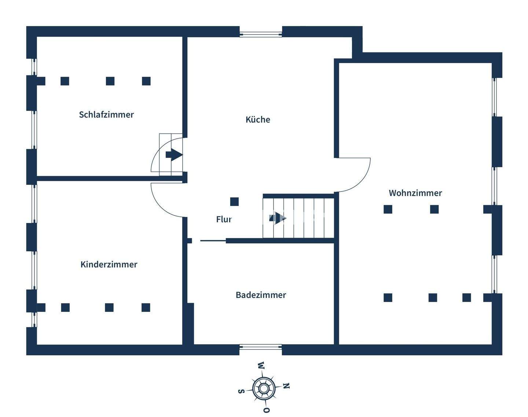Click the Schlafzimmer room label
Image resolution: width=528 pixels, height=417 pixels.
106,115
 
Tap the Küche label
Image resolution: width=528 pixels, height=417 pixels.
258,119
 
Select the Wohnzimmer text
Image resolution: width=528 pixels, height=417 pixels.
415,193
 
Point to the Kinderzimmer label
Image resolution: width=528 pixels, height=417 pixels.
109,265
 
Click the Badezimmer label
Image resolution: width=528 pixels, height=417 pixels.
261,295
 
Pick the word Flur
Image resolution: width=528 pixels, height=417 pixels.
224,219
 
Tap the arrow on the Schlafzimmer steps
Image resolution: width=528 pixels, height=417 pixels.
174,155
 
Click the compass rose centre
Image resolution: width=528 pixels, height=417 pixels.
263,388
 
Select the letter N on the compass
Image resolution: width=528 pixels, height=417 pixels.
287,386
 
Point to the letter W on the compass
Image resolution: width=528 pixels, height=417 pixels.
261,366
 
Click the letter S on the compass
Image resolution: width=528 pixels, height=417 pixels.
241,391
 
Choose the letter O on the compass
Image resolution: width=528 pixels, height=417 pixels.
267,410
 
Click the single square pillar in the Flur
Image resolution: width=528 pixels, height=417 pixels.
234,202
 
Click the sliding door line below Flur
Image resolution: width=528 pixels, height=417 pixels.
213,241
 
